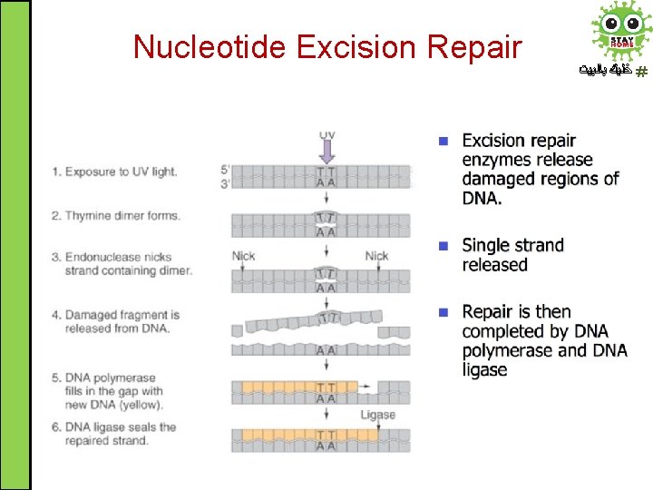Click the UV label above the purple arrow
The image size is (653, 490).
tap(327, 135)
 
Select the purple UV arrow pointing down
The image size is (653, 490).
tap(327, 152)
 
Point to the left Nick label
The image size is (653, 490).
tap(244, 257)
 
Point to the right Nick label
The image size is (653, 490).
tap(377, 257)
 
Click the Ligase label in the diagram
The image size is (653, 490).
tap(378, 415)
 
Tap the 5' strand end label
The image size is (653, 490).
tap(225, 169)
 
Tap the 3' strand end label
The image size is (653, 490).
tap(225, 181)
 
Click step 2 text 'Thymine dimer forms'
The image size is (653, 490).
tap(122, 216)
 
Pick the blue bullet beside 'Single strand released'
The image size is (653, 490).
tap(443, 246)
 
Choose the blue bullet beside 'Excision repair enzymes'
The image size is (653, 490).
tap(443, 142)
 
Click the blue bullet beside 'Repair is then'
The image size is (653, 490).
tap(443, 312)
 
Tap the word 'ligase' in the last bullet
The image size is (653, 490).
tap(484, 369)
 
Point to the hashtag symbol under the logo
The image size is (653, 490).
tap(641, 71)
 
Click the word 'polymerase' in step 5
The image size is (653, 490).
tap(126, 378)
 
